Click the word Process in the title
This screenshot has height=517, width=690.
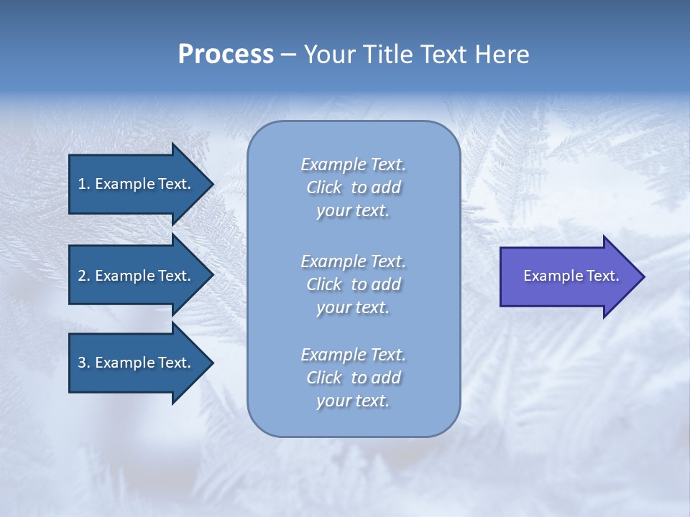tap(226, 55)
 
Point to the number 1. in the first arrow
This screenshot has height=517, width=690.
tap(84, 184)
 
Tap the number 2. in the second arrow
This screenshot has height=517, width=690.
tap(84, 276)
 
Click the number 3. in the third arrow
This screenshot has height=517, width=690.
tap(84, 363)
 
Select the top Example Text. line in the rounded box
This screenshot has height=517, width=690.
tap(353, 164)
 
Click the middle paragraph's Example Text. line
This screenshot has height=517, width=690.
tap(353, 261)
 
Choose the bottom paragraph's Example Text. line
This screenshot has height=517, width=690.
tap(353, 355)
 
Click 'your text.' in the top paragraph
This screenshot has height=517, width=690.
tap(353, 210)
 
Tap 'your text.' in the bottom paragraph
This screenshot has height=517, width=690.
tap(353, 401)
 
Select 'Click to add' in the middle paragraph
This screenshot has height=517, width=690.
tap(353, 284)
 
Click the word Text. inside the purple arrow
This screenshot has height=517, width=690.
tap(602, 276)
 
